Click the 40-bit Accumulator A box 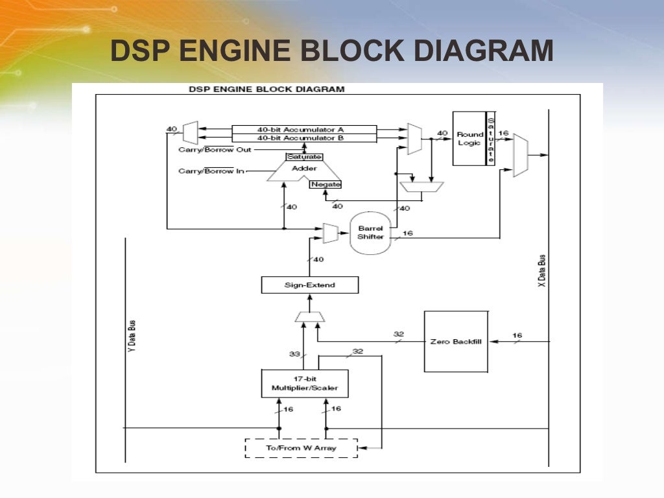[304, 129]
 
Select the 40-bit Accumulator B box [304, 137]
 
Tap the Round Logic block [469, 138]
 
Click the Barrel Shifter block [371, 232]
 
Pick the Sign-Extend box [310, 285]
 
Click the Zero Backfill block [455, 341]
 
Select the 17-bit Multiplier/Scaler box [304, 383]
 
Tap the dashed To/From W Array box [301, 448]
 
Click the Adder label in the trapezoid [304, 169]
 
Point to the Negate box [326, 184]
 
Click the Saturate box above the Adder [304, 157]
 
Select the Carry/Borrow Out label [215, 149]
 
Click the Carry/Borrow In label [211, 171]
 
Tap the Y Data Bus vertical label [132, 338]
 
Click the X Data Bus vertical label [542, 271]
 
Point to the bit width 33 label [294, 354]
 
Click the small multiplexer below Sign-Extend [309, 316]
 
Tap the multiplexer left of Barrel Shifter [331, 232]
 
